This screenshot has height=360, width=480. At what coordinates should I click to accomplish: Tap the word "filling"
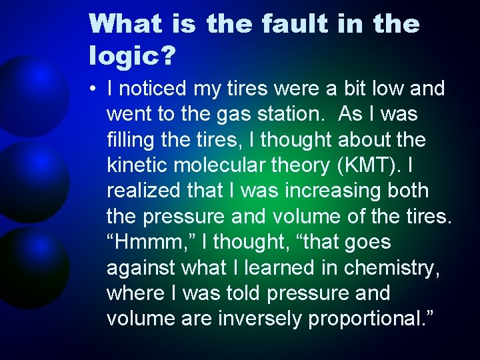(127, 139)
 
